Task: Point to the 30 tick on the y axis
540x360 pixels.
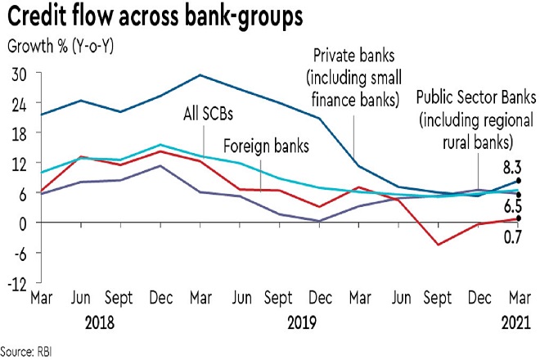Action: (19, 74)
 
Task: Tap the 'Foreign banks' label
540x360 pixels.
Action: (267, 148)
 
